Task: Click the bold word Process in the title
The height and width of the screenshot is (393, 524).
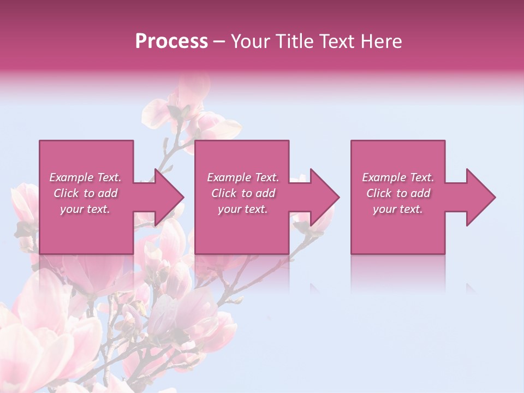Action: [171, 41]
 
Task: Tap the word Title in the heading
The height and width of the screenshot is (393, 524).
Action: [294, 41]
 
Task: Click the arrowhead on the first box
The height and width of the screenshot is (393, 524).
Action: [167, 197]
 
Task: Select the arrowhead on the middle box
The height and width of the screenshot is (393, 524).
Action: [323, 197]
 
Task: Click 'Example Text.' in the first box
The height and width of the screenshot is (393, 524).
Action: [85, 177]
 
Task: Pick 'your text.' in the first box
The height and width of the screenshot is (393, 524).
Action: [85, 209]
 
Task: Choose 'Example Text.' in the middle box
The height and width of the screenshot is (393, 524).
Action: [242, 177]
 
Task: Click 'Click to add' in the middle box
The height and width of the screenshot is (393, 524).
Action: [242, 193]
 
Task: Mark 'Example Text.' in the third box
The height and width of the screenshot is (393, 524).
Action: [398, 177]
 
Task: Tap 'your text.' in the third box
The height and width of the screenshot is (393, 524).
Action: [398, 209]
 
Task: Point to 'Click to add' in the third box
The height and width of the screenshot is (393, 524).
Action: [398, 193]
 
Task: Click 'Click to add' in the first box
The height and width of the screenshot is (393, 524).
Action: [85, 193]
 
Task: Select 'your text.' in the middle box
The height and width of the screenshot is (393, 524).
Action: [242, 209]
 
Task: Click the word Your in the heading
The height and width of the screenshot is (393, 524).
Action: [250, 41]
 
